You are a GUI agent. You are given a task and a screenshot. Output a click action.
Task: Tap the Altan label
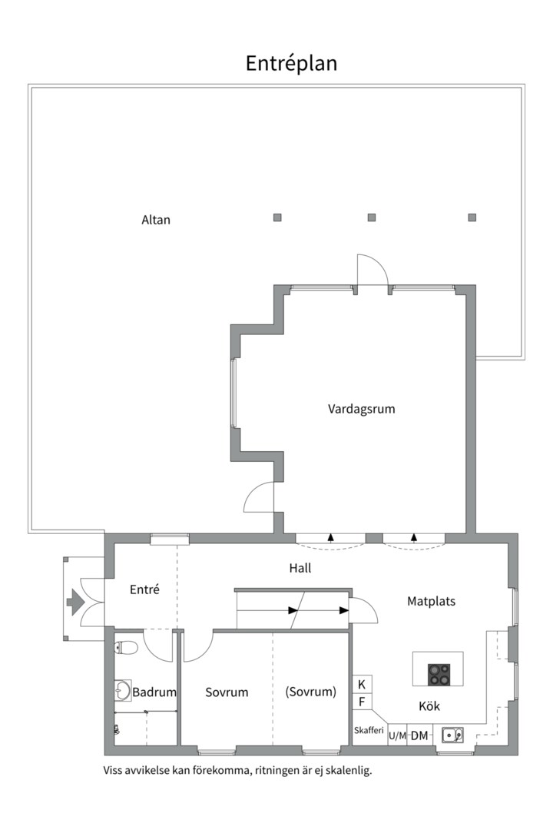[156, 220]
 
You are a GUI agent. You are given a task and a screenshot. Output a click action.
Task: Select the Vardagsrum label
[362, 409]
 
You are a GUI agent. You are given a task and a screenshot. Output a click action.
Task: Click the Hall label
[300, 568]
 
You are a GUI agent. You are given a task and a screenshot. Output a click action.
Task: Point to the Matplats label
[432, 601]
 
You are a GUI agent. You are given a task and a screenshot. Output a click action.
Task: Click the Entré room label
[144, 589]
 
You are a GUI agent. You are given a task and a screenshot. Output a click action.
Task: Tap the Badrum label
[154, 692]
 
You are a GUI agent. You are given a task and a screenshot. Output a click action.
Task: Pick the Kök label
[429, 705]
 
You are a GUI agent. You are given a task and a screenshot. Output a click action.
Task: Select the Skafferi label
[369, 731]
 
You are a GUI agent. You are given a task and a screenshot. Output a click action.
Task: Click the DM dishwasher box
[419, 735]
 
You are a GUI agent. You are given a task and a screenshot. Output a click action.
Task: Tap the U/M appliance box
[397, 735]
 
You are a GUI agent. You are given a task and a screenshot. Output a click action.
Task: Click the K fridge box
[362, 685]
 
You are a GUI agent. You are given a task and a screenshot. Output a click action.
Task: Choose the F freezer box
[362, 702]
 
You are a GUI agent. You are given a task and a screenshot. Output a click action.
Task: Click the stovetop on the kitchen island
[439, 675]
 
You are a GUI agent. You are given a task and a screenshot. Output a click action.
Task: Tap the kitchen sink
[452, 735]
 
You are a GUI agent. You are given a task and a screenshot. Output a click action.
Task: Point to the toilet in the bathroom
[126, 647]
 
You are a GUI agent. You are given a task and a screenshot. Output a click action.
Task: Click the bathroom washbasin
[123, 690]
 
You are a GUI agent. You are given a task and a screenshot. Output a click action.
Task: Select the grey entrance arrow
[75, 603]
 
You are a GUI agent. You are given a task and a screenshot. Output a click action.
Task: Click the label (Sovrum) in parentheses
[310, 692]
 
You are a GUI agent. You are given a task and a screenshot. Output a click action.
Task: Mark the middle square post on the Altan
[372, 217]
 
